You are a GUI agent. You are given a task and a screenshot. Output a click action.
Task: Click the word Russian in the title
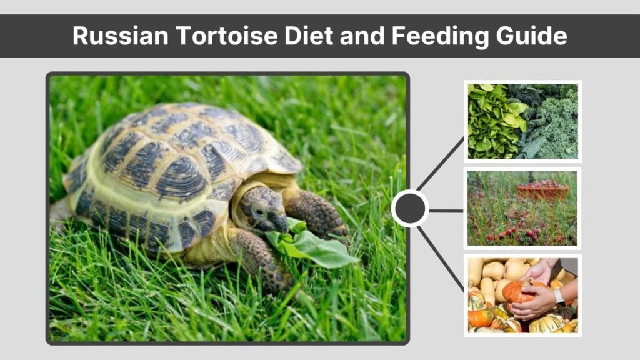click(x=121, y=36)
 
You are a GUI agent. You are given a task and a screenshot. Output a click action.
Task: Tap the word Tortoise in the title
click(x=227, y=36)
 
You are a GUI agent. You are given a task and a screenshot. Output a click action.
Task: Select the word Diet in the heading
click(x=309, y=36)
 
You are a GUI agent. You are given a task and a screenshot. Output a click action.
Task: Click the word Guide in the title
click(x=531, y=36)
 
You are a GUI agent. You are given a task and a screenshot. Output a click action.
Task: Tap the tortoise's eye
click(x=259, y=212)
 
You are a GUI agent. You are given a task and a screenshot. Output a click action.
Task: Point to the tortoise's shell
click(x=179, y=171)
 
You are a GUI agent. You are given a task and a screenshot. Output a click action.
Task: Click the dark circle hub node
click(x=410, y=209)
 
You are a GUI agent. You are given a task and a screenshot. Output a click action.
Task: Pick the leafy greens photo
click(x=523, y=121)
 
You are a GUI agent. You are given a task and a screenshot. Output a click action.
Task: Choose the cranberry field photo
click(x=522, y=208)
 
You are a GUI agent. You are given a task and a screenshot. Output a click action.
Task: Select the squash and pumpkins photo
click(x=523, y=296)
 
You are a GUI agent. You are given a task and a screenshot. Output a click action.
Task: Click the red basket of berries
click(x=542, y=190)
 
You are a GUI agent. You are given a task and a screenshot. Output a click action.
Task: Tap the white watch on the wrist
click(x=558, y=297)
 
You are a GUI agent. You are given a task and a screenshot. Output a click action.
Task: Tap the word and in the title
click(x=362, y=36)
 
